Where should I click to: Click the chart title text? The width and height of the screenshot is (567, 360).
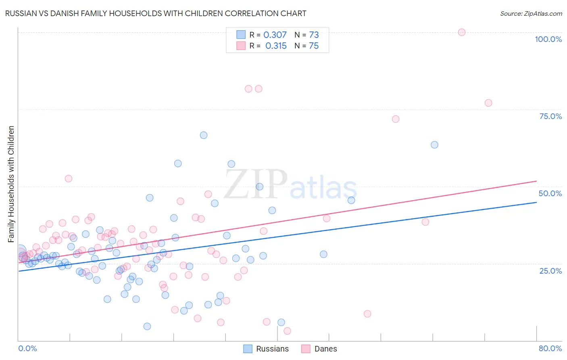156,13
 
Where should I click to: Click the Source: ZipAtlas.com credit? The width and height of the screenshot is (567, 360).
531,13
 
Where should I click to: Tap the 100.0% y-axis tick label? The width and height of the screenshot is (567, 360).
548,39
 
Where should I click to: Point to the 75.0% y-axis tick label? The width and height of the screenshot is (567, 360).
550,116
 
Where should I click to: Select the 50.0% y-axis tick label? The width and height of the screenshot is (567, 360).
550,193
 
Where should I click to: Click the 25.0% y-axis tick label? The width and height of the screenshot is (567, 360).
550,271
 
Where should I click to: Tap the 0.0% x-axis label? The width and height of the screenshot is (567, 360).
27,348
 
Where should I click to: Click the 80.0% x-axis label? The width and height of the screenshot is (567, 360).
550,348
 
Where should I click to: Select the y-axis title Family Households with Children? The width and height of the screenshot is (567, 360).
11,184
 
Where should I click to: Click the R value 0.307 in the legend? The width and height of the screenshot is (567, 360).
275,35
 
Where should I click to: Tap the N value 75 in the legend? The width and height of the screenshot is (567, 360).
314,46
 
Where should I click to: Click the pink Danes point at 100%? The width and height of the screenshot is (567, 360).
462,32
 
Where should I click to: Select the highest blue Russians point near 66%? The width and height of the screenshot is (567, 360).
204,135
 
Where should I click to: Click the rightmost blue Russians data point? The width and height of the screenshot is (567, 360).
434,145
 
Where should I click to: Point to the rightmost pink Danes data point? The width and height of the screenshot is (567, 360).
488,103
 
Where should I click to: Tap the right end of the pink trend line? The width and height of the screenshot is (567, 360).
536,181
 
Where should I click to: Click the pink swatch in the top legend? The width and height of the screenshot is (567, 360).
241,46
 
